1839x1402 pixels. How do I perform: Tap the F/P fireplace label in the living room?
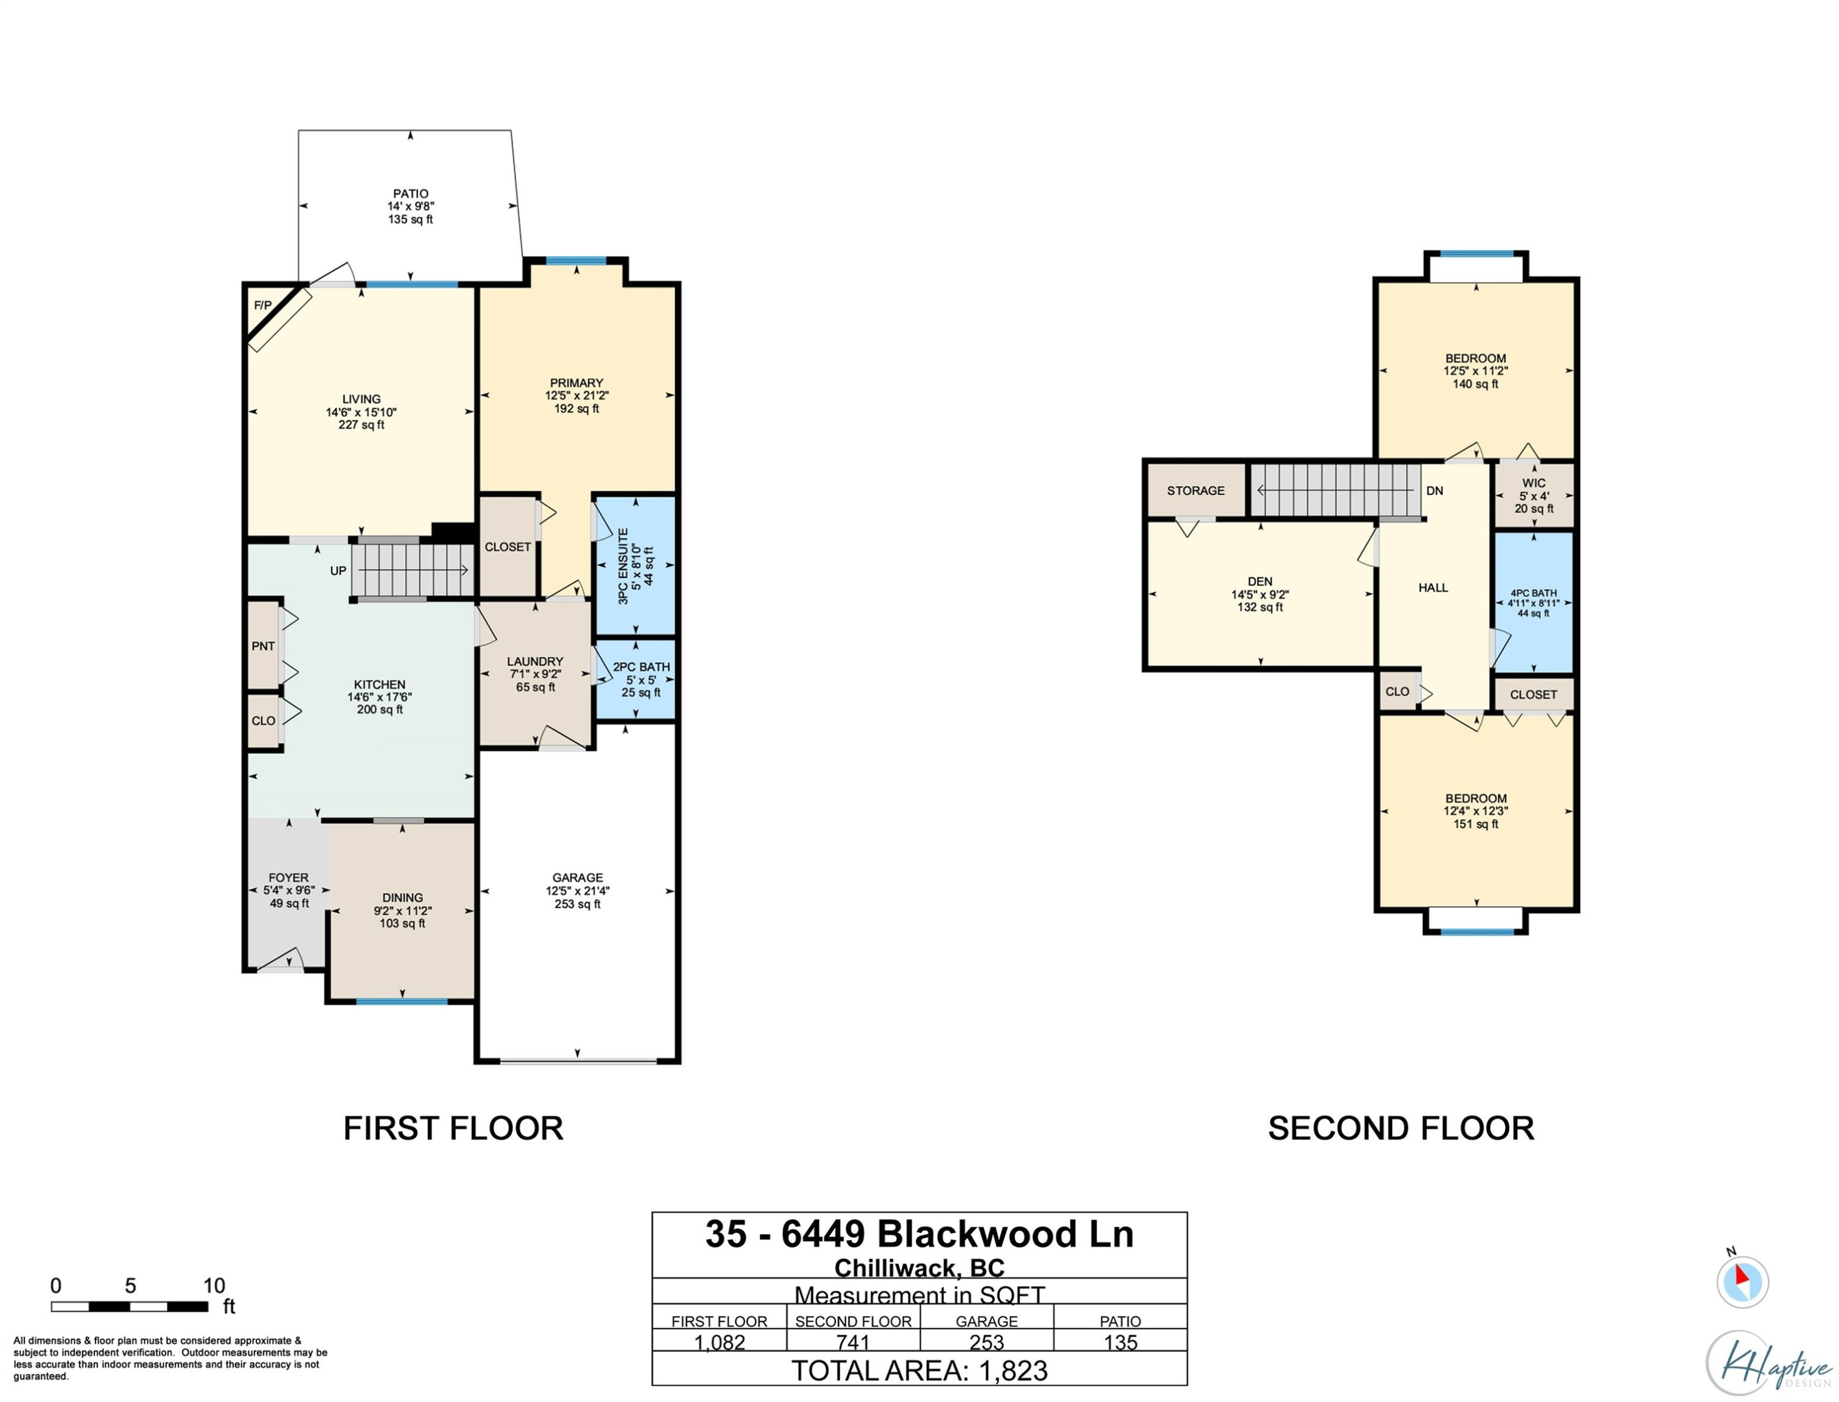click(263, 305)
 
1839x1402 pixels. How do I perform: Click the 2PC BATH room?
click(636, 679)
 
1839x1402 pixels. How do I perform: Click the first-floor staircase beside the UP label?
click(412, 571)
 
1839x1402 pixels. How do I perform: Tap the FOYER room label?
click(289, 878)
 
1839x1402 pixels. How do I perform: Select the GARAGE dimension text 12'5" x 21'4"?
click(577, 891)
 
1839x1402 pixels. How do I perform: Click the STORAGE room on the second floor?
click(1196, 490)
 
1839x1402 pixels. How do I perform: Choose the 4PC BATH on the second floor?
click(1534, 603)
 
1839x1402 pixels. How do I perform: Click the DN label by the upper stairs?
click(1434, 490)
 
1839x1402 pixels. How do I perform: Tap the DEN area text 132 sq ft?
click(1260, 608)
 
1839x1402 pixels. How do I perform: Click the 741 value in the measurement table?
click(853, 1343)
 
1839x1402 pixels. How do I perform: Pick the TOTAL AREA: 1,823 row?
click(919, 1371)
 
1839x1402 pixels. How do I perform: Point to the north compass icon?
click(1742, 1281)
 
